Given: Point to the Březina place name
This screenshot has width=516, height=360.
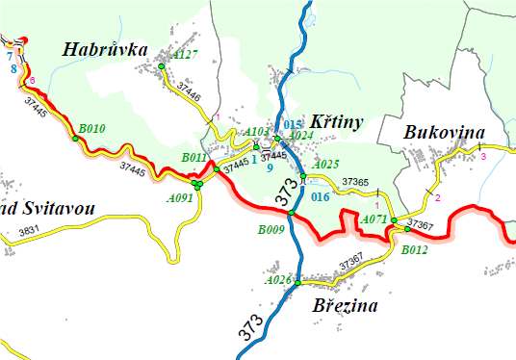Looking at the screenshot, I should tap(345, 306).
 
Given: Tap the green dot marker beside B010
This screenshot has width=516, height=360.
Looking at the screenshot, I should tap(75, 139).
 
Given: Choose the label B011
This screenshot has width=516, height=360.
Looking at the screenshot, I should tap(194, 157).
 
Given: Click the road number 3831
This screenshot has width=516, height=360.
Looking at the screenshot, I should tap(30, 230).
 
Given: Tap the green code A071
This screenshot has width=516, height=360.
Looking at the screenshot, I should tap(374, 219).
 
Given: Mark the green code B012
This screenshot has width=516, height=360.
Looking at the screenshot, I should tap(415, 249).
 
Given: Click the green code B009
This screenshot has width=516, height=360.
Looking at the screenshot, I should tap(271, 230).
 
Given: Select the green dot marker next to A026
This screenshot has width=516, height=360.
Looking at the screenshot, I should tap(298, 283).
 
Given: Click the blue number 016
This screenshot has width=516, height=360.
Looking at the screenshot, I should tap(321, 196).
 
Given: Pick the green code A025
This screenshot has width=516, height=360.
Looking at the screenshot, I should tap(327, 164).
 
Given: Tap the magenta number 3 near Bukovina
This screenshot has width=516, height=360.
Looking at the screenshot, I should tap(483, 156).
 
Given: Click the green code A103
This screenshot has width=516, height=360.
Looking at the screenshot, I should tap(257, 132).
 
